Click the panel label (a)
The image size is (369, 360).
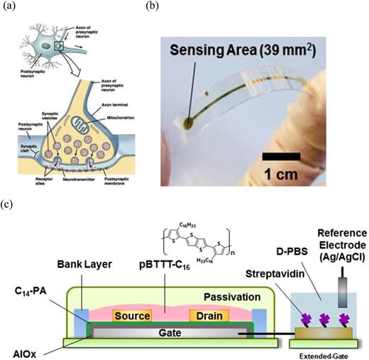(x=9, y=7)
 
